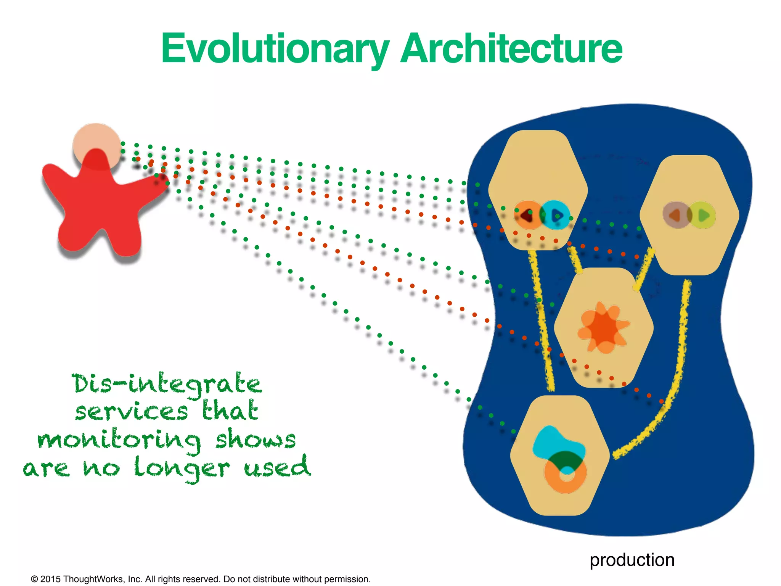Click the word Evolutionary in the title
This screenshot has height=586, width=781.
pyautogui.click(x=275, y=49)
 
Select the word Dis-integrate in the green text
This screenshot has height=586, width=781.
pyautogui.click(x=167, y=385)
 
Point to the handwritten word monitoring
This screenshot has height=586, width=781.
pyautogui.click(x=119, y=441)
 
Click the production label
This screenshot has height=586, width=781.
pyautogui.click(x=632, y=560)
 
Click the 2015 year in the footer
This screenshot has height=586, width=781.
pyautogui.click(x=50, y=579)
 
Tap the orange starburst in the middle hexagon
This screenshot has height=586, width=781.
pyautogui.click(x=603, y=327)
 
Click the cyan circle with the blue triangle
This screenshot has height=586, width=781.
pyautogui.click(x=556, y=215)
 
